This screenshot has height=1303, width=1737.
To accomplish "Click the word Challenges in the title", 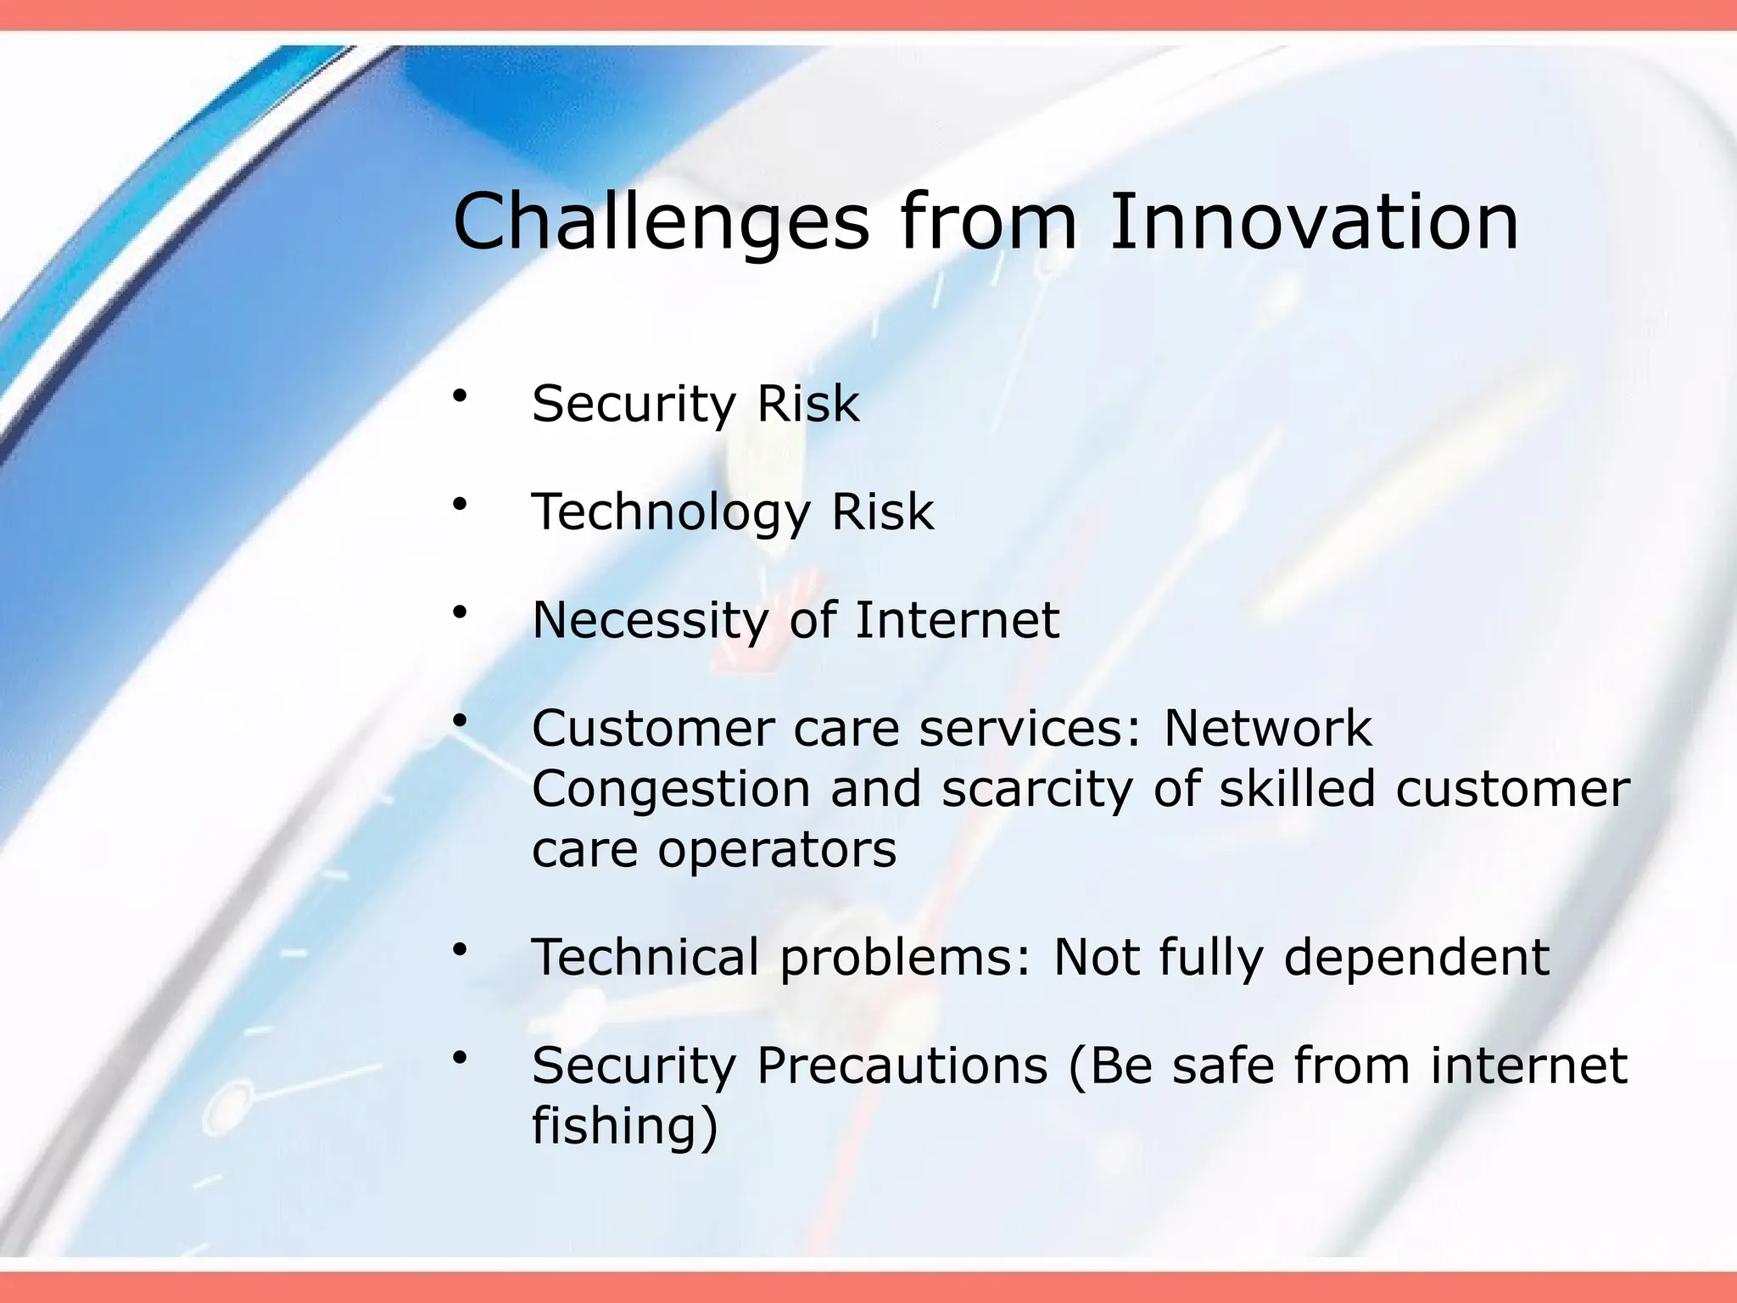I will coord(661,222).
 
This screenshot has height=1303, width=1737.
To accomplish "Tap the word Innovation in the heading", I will coord(1314,222).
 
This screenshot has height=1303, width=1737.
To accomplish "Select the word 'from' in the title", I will coord(988,222).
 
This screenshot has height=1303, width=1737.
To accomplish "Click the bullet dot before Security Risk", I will coord(461,396).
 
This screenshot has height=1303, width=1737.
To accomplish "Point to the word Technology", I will coord(671,512).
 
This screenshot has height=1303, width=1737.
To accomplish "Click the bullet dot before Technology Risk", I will coord(461,505).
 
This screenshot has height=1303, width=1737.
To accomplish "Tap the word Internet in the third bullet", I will coord(957,620).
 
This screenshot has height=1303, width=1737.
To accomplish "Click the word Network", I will coord(1267,728).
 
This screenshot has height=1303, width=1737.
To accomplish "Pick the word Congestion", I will coord(671,789).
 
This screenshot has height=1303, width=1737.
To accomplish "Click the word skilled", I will coord(1297,789).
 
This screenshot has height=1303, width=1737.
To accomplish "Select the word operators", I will coord(777,850).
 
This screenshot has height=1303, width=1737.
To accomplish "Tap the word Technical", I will coord(645,957).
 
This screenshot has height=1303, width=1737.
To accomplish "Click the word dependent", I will coord(1416,957).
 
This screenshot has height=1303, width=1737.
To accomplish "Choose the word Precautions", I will coord(902,1065).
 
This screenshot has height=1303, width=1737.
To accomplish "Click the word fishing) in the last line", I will coord(625,1126).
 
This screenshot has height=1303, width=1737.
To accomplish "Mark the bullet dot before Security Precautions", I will coord(461,1058).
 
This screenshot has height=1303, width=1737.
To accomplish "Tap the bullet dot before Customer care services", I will coord(461,721).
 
